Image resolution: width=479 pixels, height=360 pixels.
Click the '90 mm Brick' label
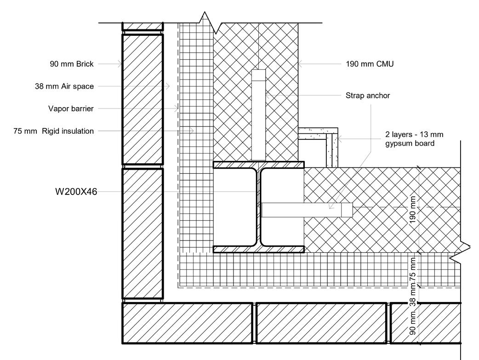pos(71,64)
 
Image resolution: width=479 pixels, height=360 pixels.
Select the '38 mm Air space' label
pos(64,86)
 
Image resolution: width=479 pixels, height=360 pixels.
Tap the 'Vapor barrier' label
pos(71,109)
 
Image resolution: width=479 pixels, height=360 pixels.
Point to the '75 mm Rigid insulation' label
pos(54,131)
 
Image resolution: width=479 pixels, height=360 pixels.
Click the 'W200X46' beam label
pos(76,192)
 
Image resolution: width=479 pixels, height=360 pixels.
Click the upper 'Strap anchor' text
pos(368,96)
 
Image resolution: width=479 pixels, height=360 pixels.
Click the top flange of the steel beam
pos(258,164)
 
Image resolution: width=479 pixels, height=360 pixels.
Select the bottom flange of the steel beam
pos(258,249)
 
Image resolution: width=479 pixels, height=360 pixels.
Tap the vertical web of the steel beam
pos(258,207)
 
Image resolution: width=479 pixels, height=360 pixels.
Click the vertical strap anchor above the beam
pos(258,115)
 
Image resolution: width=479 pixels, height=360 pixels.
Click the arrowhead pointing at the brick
pos(120,64)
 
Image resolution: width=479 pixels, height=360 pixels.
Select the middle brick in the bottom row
pos(320,323)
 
